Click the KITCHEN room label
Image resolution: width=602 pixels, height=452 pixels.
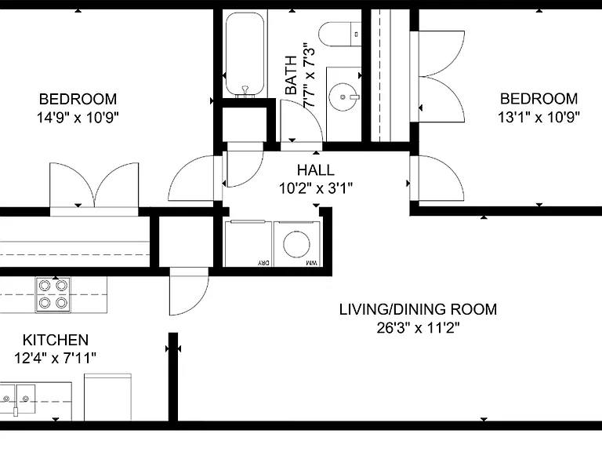pyautogui.click(x=56, y=340)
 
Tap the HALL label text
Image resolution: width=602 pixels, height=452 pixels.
pyautogui.click(x=316, y=169)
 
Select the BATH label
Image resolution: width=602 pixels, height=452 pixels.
pyautogui.click(x=292, y=75)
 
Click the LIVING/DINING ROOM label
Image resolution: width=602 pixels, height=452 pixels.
pyautogui.click(x=418, y=309)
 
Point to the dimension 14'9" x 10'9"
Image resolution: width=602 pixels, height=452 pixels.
pyautogui.click(x=78, y=117)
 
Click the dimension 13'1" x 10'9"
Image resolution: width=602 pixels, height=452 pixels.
pyautogui.click(x=539, y=117)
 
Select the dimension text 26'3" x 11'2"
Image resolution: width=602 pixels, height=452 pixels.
pyautogui.click(x=418, y=328)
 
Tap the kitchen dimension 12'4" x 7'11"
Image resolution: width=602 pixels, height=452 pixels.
pyautogui.click(x=56, y=358)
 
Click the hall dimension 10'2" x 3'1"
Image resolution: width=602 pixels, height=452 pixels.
pyautogui.click(x=316, y=188)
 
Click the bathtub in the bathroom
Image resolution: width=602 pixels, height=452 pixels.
pyautogui.click(x=245, y=54)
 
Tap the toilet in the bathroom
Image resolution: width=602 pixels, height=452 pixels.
pyautogui.click(x=340, y=34)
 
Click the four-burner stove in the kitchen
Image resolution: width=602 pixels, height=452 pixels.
pyautogui.click(x=53, y=295)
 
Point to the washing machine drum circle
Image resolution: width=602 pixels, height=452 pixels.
pyautogui.click(x=296, y=244)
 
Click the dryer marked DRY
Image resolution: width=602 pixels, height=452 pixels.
pyautogui.click(x=248, y=243)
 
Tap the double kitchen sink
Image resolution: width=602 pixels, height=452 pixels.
pyautogui.click(x=18, y=399)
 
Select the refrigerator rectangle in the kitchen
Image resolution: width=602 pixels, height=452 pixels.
pyautogui.click(x=107, y=397)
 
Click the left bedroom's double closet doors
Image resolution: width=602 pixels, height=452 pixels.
pyautogui.click(x=94, y=186)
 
